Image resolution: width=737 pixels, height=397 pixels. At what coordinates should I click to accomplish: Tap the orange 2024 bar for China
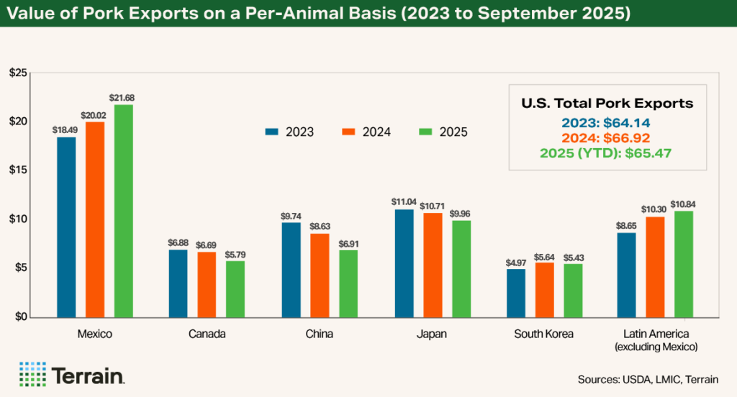[320, 275]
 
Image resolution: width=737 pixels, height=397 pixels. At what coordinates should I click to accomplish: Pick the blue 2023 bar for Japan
[404, 263]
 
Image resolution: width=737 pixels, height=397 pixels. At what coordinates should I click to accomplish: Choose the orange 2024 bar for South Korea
[545, 290]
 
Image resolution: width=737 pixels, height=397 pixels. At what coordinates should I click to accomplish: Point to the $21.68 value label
[123, 97]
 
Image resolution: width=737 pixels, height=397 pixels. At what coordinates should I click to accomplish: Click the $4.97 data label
[516, 261]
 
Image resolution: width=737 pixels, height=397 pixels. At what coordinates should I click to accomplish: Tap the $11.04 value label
[404, 201]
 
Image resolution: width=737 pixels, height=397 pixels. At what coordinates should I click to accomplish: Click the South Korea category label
[544, 334]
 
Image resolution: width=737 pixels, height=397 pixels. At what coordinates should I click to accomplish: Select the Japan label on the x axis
[432, 334]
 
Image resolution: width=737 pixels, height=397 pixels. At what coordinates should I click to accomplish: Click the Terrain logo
[72, 374]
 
